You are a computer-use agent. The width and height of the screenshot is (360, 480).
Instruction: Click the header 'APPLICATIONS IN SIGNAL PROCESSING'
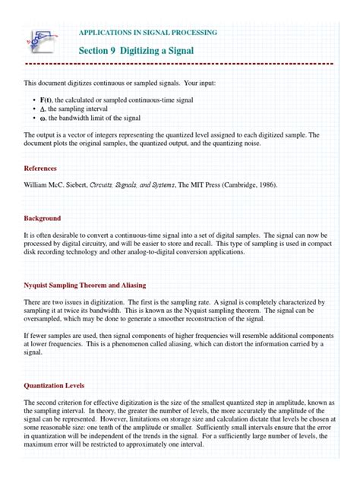(148, 33)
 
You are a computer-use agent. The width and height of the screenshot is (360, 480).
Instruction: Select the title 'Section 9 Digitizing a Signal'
(136, 50)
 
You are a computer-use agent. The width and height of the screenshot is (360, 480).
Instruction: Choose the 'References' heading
(40, 168)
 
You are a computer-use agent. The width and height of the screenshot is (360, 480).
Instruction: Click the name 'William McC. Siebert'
(55, 185)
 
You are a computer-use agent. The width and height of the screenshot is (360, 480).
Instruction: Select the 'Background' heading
(42, 219)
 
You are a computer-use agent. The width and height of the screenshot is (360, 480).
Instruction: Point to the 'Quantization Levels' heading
(54, 386)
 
